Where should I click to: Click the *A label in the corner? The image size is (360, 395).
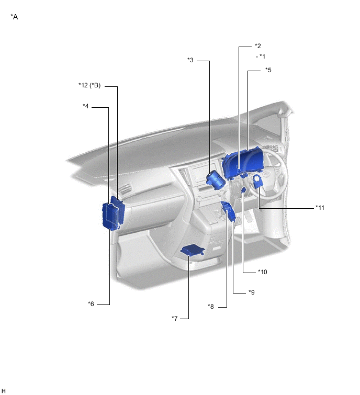click(x=14, y=17)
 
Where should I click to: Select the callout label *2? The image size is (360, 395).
click(x=257, y=46)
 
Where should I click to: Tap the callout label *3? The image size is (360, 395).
click(x=190, y=60)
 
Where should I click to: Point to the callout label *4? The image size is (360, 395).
click(x=86, y=106)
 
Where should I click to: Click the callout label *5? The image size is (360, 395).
click(x=268, y=70)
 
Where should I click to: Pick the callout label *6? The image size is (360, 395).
click(x=91, y=303)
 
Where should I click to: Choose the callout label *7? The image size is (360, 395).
click(x=175, y=318)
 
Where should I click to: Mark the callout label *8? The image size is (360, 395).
click(x=211, y=307)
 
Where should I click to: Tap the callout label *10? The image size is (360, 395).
click(x=263, y=272)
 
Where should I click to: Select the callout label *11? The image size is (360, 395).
click(x=320, y=208)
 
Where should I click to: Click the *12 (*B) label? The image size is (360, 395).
click(x=89, y=85)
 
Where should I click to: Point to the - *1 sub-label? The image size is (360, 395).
click(x=261, y=56)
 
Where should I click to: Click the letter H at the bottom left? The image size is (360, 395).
click(x=4, y=390)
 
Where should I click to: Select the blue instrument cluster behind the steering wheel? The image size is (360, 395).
click(x=242, y=162)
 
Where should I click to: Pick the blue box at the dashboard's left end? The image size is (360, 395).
click(x=113, y=215)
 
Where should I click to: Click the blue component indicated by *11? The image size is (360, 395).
click(x=258, y=182)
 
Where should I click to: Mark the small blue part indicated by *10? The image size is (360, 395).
click(x=244, y=195)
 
